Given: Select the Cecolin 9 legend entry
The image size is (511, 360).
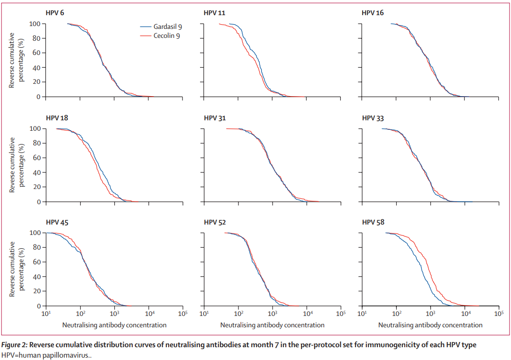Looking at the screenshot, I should pyautogui.click(x=166, y=36).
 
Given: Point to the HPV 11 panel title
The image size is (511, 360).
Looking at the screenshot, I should pyautogui.click(x=214, y=12).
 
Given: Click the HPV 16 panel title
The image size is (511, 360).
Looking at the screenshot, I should pyautogui.click(x=373, y=12).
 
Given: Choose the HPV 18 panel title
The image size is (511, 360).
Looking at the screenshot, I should pyautogui.click(x=56, y=117).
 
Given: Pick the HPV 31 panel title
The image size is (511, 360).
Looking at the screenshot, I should pyautogui.click(x=214, y=117).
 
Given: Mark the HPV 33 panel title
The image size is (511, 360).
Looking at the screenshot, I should pyautogui.click(x=373, y=117).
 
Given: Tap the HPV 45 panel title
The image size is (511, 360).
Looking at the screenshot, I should pyautogui.click(x=56, y=222).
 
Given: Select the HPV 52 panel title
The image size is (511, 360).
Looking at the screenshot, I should pyautogui.click(x=214, y=222).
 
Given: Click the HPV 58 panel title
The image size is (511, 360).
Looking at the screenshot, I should pyautogui.click(x=373, y=222).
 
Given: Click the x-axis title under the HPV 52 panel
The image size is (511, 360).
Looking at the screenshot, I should pyautogui.click(x=272, y=325).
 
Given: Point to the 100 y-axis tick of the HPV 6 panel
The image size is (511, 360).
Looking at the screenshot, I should pyautogui.click(x=34, y=24).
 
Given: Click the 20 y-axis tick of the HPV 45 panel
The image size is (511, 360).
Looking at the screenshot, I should pyautogui.click(x=36, y=291).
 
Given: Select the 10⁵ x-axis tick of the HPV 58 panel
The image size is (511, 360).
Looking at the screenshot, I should pyautogui.click(x=499, y=314).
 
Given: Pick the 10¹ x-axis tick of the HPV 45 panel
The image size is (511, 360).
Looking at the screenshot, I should pyautogui.click(x=46, y=314).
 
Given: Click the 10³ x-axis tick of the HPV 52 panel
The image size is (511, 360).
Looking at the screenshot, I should pyautogui.click(x=273, y=314).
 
